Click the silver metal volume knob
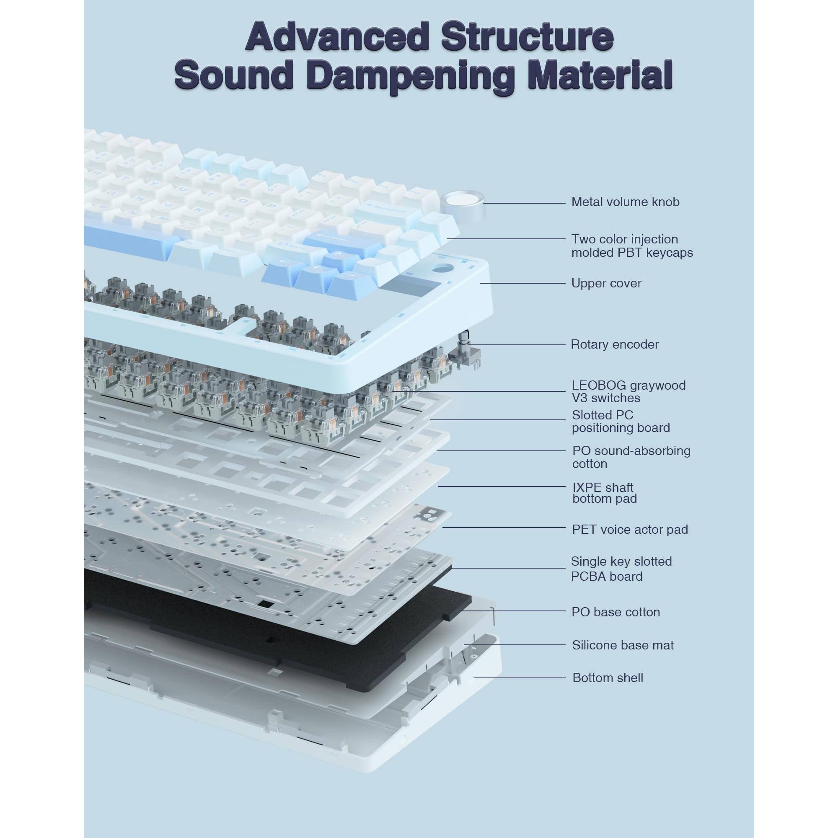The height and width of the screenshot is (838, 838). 461,202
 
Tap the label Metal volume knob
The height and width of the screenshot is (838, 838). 625,202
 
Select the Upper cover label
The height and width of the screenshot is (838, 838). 606,283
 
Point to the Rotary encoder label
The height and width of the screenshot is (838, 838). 614,344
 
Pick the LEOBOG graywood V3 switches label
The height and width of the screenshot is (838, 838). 628,391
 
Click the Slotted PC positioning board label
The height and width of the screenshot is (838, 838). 620,421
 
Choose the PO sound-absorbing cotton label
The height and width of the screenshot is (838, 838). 631,457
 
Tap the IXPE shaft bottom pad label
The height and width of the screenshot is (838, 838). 604,493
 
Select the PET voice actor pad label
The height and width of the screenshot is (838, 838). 629,530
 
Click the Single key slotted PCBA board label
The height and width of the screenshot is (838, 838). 621,569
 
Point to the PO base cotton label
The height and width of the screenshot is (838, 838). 616,612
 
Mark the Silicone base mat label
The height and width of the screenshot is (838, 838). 623,645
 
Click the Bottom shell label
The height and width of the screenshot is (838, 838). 607,678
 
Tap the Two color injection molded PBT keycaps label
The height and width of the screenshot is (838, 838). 631,246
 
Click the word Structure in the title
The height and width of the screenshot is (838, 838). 527,36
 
